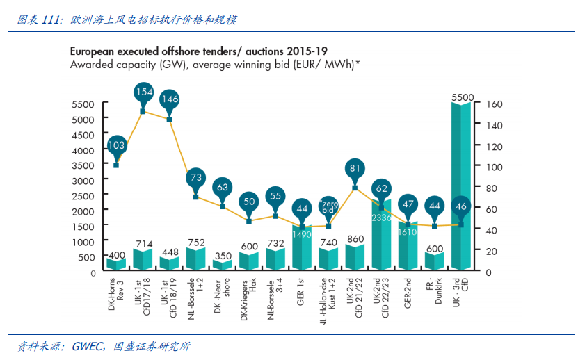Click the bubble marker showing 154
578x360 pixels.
[143, 93]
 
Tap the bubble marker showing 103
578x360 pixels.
[116, 146]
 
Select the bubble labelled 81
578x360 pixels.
[355, 168]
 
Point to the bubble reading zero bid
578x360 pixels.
[329, 206]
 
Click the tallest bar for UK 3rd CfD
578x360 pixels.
[461, 188]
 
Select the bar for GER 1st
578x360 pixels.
[302, 247]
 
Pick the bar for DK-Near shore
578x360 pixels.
[222, 265]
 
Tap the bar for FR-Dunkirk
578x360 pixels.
[435, 261]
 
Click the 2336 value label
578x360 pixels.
[381, 218]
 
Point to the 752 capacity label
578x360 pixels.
[195, 243]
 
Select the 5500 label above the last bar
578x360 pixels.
[462, 98]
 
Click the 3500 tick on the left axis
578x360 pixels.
[83, 165]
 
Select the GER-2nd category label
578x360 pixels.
[408, 293]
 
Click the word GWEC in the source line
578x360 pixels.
[86, 346]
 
